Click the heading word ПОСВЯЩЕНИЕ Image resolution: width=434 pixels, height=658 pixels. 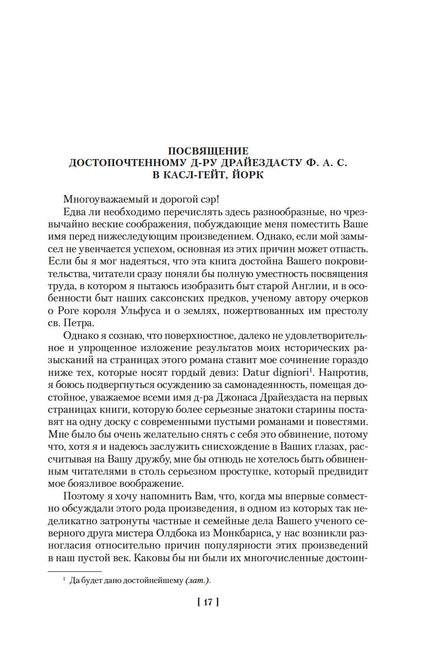pos(208,151)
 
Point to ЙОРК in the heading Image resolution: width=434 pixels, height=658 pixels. pos(245,175)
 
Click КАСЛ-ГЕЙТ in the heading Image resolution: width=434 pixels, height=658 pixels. pos(187,175)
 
